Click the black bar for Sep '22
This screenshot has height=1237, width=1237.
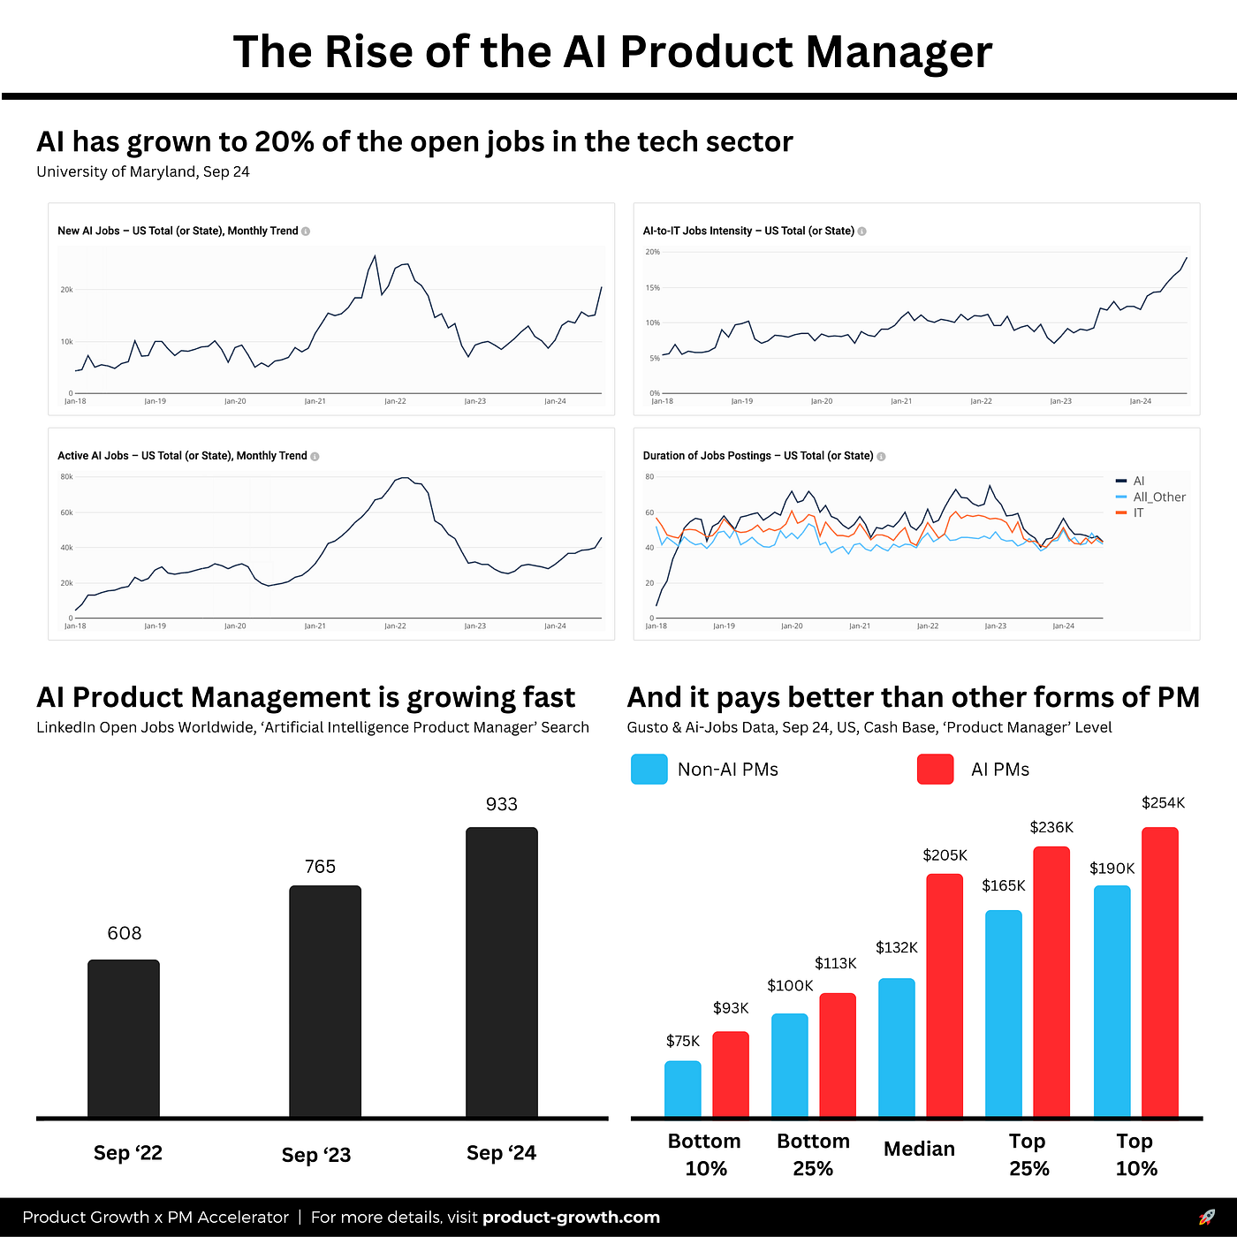[x=124, y=1038]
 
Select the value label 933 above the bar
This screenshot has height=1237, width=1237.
[x=501, y=804]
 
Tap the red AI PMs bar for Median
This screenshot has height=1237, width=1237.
[x=945, y=995]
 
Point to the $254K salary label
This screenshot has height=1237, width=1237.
[x=1163, y=802]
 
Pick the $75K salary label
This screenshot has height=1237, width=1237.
[x=683, y=1041]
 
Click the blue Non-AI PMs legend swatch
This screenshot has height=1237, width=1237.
[x=649, y=769]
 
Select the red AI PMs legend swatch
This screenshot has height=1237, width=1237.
[x=935, y=769]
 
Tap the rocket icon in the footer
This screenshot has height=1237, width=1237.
[x=1206, y=1217]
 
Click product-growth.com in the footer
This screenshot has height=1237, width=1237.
[x=571, y=1217]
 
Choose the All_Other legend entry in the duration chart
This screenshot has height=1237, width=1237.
[x=1158, y=497]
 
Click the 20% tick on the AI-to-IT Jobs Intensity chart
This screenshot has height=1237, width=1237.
[x=652, y=252]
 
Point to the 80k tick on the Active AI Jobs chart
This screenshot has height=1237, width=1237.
[x=66, y=477]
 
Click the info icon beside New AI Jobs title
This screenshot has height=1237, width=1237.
[x=306, y=231]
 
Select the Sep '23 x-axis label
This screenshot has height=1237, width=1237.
[x=316, y=1155]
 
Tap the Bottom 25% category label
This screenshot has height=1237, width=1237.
[x=813, y=1154]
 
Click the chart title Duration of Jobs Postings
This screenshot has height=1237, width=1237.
[x=757, y=456]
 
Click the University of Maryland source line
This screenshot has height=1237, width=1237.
[x=143, y=171]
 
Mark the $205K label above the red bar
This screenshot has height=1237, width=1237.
[x=945, y=854]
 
